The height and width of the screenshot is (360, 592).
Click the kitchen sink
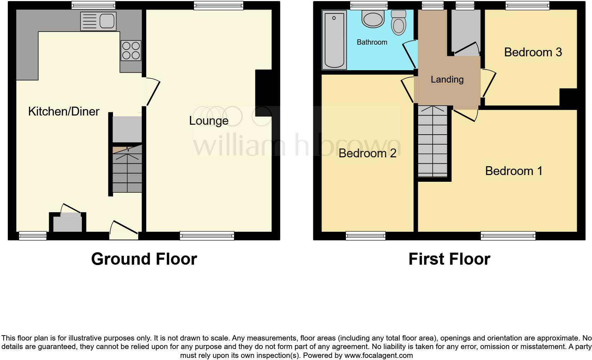click(x=98, y=21)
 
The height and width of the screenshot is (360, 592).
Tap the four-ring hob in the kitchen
click(x=131, y=51)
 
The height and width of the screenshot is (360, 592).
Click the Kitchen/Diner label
click(x=64, y=112)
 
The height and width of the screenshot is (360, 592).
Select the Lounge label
click(x=209, y=121)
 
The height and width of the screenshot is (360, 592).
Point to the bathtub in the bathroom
click(x=334, y=39)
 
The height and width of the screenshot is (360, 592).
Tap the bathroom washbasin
click(x=373, y=18)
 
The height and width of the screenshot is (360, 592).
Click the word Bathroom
click(x=372, y=43)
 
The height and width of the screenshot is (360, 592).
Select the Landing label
click(x=447, y=80)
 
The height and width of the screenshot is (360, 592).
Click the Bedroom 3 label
click(x=533, y=52)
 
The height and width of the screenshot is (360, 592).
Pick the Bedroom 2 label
click(x=367, y=153)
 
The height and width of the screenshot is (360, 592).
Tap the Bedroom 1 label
click(x=513, y=171)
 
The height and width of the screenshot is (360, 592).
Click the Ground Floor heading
click(x=144, y=259)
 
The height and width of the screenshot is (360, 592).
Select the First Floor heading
click(x=449, y=259)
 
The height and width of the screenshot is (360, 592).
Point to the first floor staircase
click(x=432, y=142)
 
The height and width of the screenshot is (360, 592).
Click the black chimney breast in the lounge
click(x=263, y=93)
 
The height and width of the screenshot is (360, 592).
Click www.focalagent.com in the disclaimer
click(x=378, y=355)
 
